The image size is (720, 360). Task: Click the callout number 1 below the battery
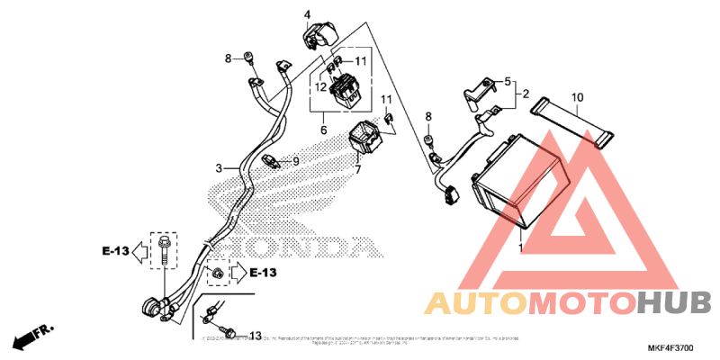coord(520,246)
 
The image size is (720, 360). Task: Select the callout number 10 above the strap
coord(577,96)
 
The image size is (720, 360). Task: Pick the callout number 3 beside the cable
coord(218,168)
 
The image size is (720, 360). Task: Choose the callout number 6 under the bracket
coord(323,130)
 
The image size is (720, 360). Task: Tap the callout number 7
coord(357,169)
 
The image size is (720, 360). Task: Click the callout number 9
coord(294,162)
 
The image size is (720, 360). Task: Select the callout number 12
coord(320,86)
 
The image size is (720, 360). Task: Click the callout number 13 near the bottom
coord(256,336)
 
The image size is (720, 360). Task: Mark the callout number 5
coord(507,80)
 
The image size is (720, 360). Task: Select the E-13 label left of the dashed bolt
coord(114,251)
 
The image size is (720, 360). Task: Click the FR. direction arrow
coord(31,339)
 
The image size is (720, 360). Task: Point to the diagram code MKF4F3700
coord(670,347)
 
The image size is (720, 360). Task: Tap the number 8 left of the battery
coord(428,117)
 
